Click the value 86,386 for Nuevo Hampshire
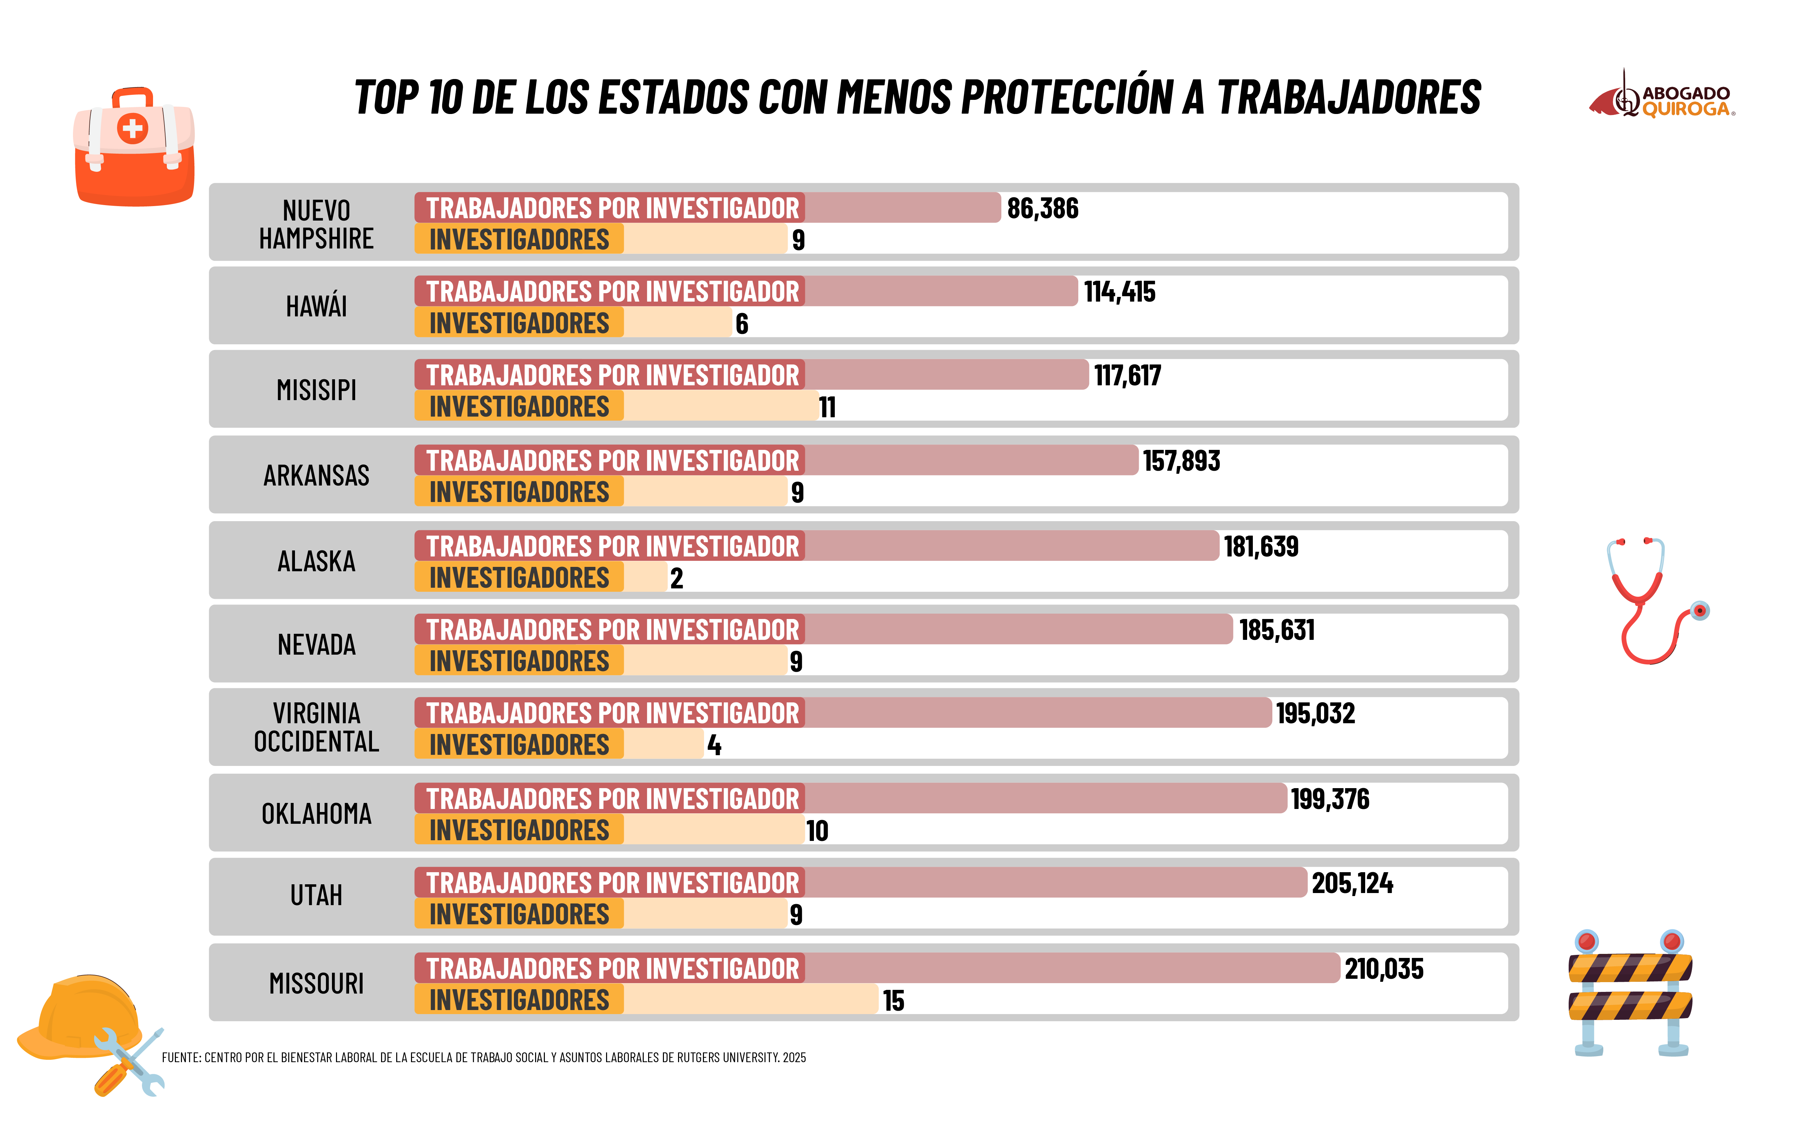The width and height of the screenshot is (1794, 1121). (1042, 209)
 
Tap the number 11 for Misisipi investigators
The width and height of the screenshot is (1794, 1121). (827, 407)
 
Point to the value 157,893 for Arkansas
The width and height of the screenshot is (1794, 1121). (1181, 461)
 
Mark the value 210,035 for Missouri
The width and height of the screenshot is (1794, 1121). (1384, 969)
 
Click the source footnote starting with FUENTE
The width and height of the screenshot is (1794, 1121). (484, 1057)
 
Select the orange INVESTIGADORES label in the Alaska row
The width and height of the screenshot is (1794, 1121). (518, 578)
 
